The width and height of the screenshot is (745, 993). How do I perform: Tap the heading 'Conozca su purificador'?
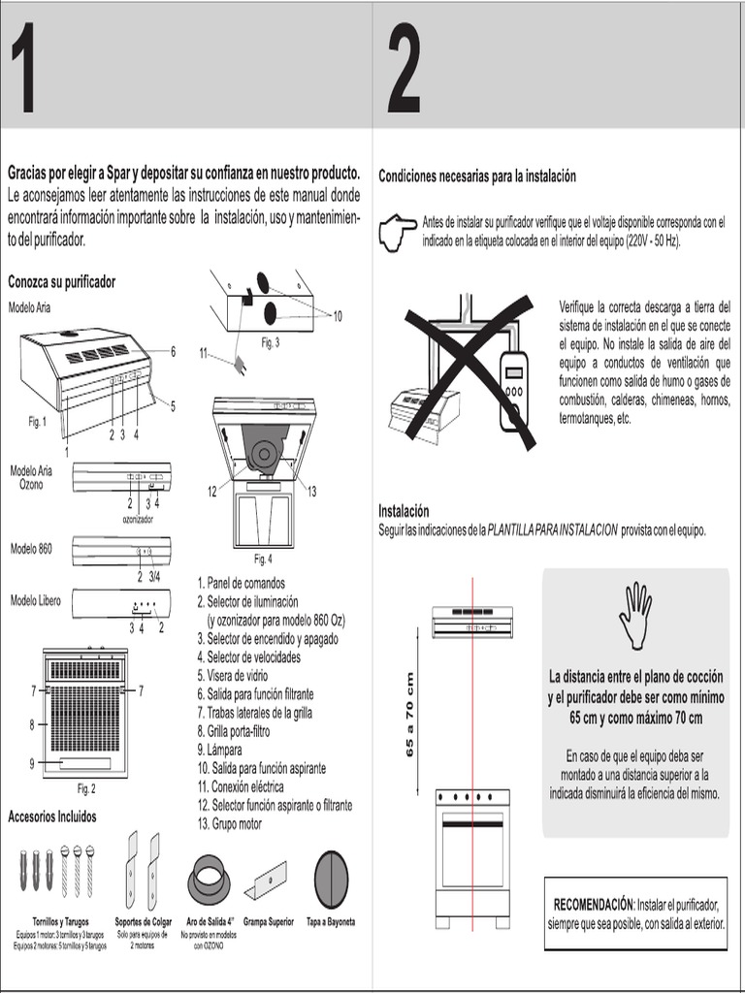coord(61,282)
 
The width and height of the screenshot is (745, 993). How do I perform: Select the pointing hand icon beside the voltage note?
coord(398,234)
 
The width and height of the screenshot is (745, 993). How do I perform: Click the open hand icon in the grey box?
coord(635,616)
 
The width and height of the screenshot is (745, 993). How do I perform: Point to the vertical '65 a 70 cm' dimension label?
coord(410,714)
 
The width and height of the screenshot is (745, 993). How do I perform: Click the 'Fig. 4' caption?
coord(264,559)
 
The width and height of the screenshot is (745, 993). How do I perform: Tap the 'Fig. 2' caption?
coord(86,788)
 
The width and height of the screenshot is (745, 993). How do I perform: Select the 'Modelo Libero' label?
coord(35,601)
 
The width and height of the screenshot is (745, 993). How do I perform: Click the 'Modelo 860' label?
coord(31,549)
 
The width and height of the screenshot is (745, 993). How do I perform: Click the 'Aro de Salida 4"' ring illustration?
coord(207,880)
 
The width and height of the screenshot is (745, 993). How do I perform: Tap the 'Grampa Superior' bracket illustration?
coord(266,881)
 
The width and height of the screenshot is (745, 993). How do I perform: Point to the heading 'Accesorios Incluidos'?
coord(52,817)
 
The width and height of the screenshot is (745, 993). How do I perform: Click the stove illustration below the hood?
coord(471,853)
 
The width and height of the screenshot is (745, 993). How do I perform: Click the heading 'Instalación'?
coord(404,511)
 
